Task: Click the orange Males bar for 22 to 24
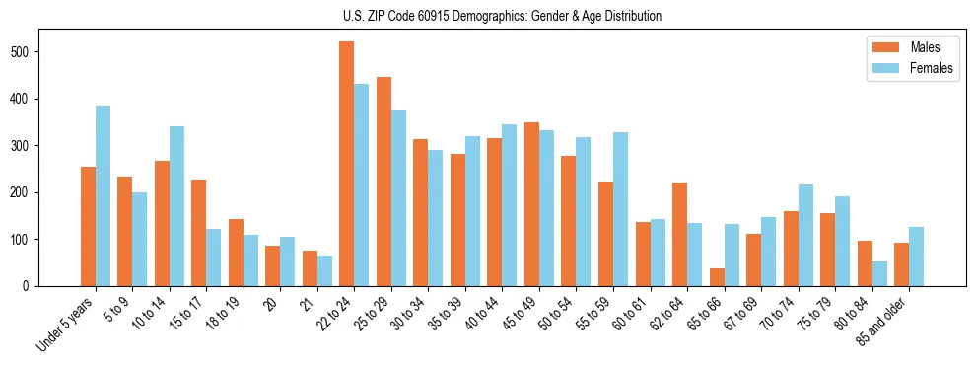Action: click(347, 164)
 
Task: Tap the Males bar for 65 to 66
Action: click(717, 277)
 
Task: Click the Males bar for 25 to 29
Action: click(383, 182)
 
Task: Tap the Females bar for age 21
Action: click(324, 271)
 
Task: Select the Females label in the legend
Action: click(931, 69)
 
